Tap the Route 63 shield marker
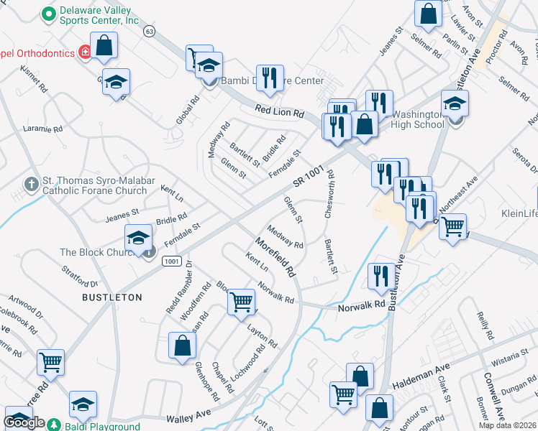(149, 32)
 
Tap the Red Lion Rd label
(280, 112)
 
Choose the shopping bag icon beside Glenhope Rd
(183, 344)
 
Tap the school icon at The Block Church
(137, 238)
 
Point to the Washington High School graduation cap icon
(455, 103)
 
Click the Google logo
(24, 422)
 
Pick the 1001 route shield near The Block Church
(171, 261)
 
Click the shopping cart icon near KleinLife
(452, 226)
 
